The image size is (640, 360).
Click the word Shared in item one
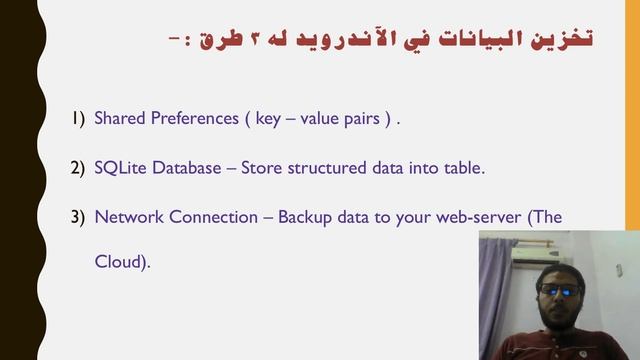point(118,119)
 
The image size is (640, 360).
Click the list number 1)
point(78,119)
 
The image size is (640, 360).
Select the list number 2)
point(78,168)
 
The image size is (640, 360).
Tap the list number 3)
point(78,217)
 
